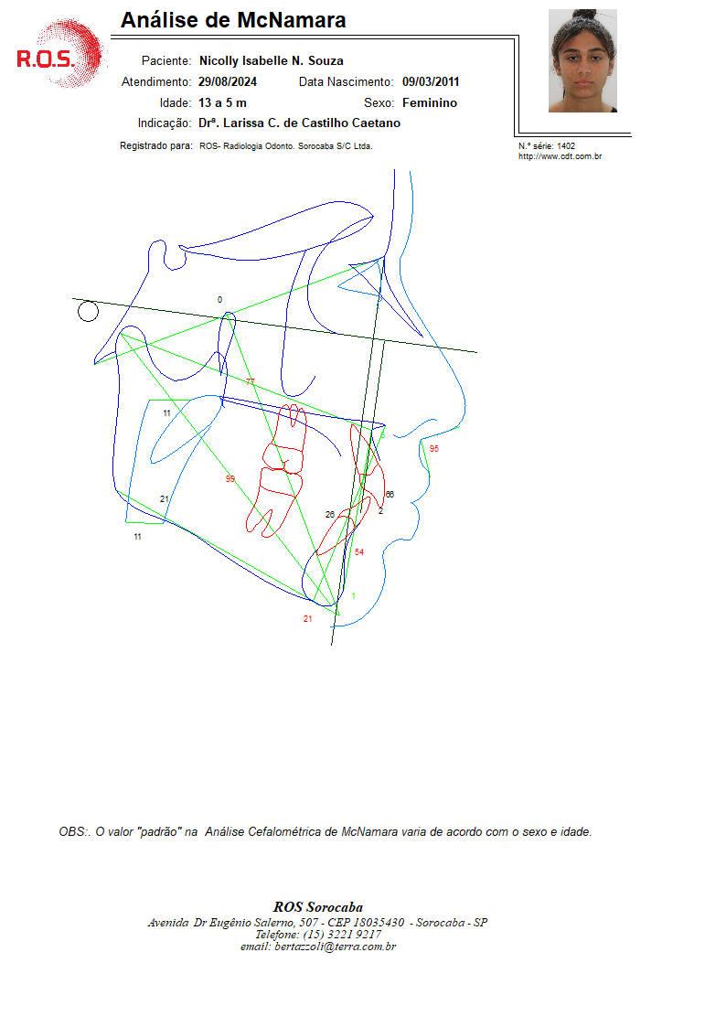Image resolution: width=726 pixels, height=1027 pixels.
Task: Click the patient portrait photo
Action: coord(582,60)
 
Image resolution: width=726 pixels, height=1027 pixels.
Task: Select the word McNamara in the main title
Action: coord(292,20)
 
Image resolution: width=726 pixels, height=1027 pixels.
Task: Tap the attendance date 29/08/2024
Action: coord(227,82)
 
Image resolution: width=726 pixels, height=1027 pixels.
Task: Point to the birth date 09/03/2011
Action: coord(431,82)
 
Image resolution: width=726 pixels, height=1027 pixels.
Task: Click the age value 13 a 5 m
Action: coord(222,102)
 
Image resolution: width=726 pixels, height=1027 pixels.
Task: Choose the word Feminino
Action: coord(430,102)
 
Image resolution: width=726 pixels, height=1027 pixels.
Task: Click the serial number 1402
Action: coord(566,146)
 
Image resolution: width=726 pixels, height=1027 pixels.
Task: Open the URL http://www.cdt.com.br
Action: coord(560,156)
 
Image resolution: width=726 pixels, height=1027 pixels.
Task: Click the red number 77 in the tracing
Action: coord(250,381)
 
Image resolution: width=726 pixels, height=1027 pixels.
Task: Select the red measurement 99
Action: coord(230,479)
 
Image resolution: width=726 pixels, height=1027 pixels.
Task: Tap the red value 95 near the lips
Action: coord(434,449)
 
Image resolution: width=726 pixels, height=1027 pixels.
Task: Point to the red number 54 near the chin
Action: coord(358,552)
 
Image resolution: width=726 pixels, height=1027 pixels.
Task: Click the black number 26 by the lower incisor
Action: coord(330,515)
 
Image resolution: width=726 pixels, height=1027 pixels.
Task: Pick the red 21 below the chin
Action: coord(308,619)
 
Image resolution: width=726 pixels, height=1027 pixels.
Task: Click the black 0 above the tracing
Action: coord(219,299)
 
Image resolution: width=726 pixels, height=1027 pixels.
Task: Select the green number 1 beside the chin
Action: coord(354,596)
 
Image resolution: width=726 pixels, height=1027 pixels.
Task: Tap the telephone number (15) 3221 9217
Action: coord(342,935)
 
